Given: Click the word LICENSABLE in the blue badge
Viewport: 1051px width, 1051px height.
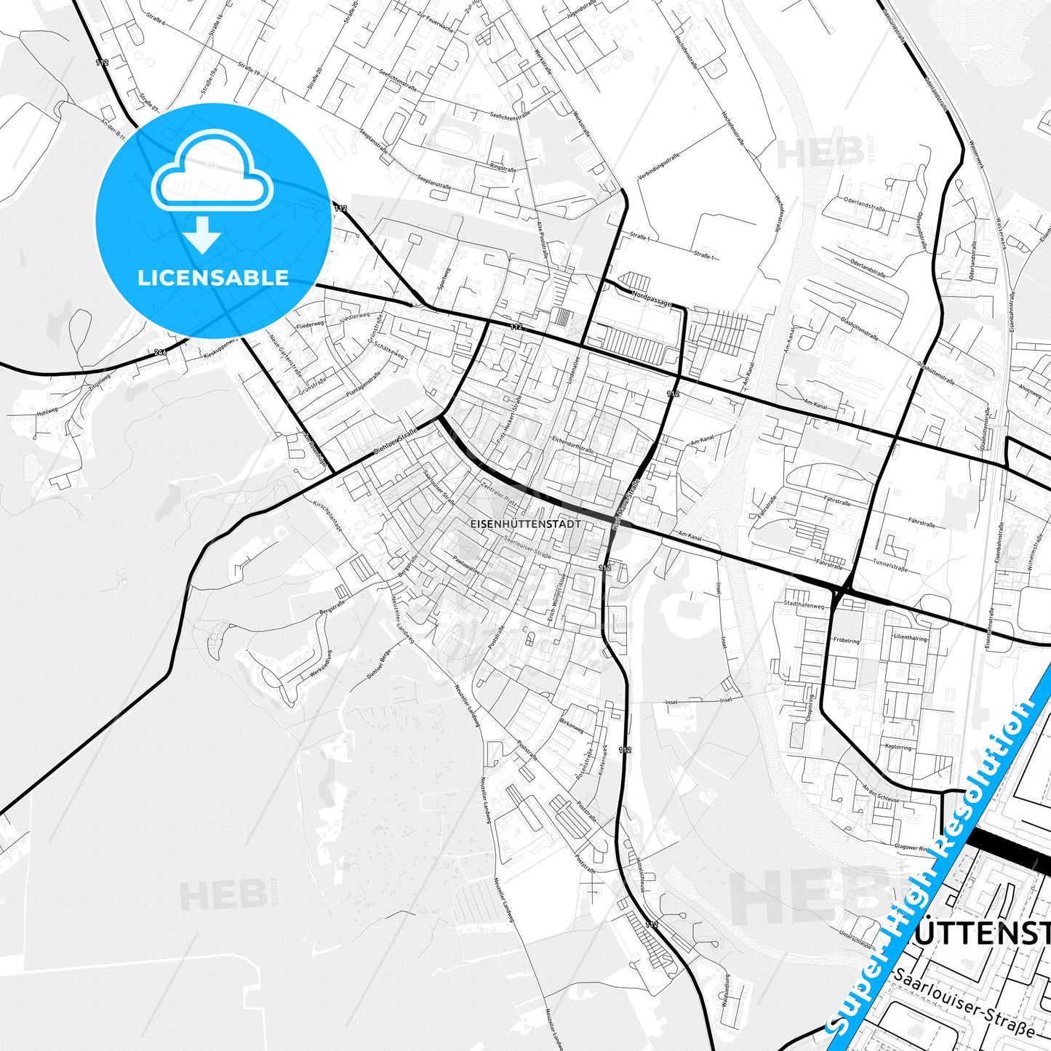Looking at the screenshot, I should pyautogui.click(x=213, y=278).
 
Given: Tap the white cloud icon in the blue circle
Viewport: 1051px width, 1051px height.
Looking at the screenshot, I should pyautogui.click(x=212, y=179).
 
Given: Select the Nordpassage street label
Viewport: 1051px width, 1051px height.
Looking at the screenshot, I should pyautogui.click(x=652, y=299).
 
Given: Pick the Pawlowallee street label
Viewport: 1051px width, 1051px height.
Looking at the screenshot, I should pyautogui.click(x=465, y=564).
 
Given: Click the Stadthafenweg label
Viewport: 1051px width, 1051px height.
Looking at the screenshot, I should pyautogui.click(x=804, y=604).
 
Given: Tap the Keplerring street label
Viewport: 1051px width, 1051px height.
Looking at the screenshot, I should pyautogui.click(x=898, y=747).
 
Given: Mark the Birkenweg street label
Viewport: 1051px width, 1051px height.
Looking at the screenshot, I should pyautogui.click(x=571, y=727).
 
